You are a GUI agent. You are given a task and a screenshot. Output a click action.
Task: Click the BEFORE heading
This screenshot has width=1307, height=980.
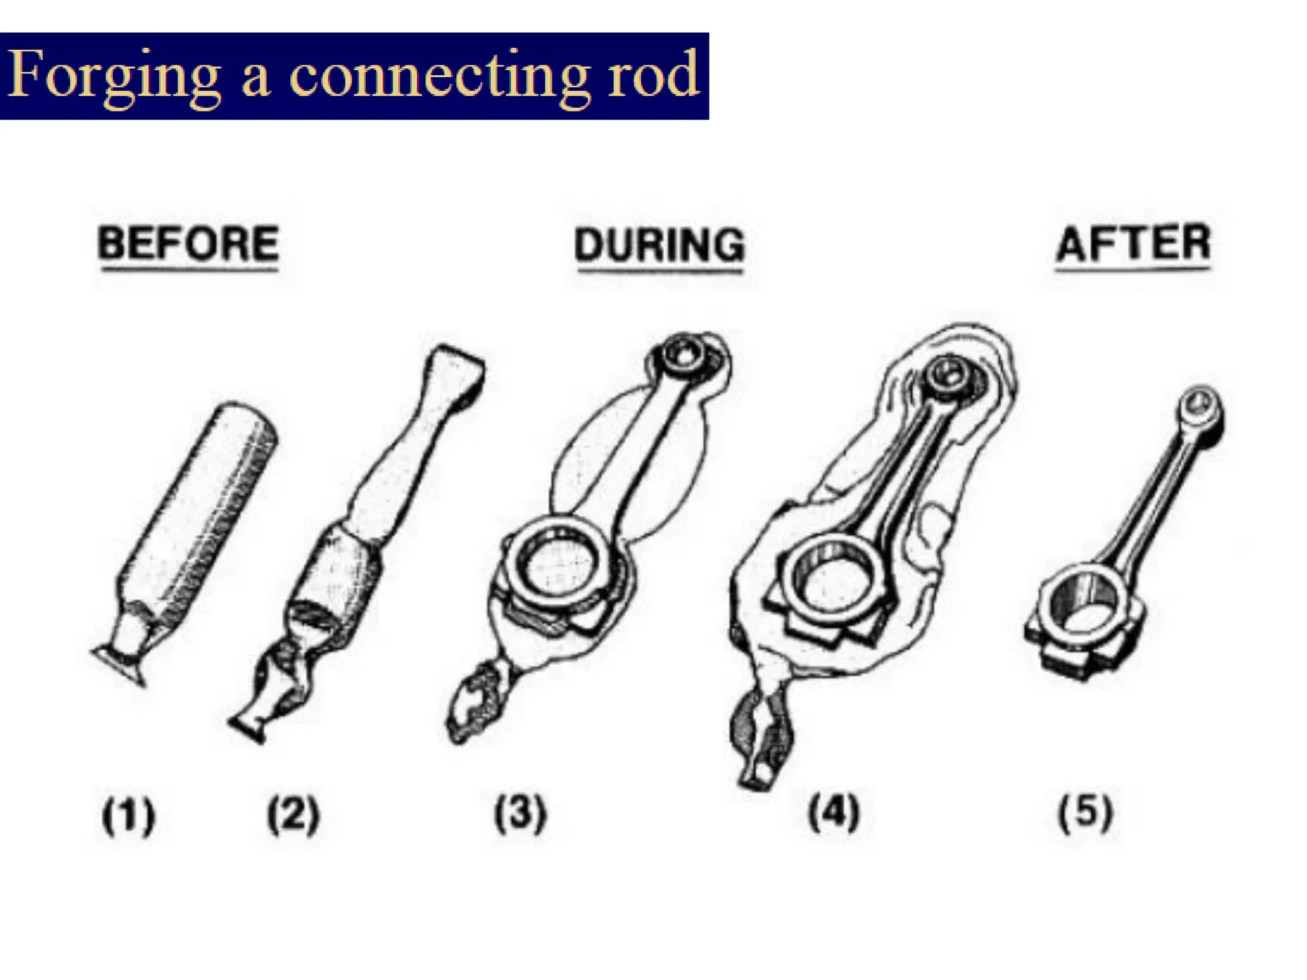coord(188,244)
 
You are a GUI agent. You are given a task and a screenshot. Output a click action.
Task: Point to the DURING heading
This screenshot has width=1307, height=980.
coord(659,246)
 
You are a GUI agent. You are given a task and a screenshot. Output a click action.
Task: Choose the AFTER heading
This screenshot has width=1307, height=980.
coord(1133,244)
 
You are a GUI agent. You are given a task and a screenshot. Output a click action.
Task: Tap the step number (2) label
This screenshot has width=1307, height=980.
coord(293,815)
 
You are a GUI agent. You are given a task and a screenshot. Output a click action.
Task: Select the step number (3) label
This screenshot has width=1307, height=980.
coord(520,813)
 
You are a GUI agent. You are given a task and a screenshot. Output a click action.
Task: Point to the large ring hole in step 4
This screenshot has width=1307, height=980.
coord(830,581)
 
